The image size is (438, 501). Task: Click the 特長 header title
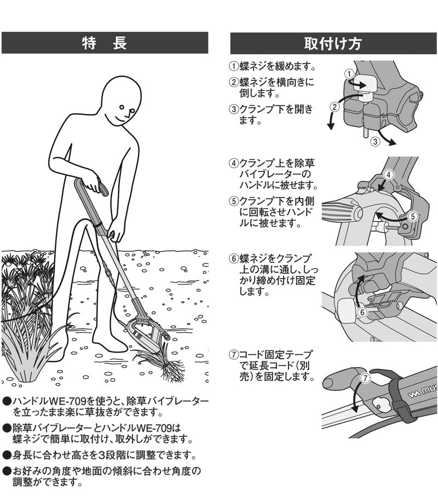tap(105, 43)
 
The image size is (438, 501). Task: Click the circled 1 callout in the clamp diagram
tap(348, 73)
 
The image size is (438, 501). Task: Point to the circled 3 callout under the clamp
tap(375, 141)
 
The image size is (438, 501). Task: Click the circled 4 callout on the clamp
tap(388, 175)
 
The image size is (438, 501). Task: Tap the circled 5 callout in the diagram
tap(413, 216)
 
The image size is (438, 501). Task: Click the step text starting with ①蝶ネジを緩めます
tap(272, 67)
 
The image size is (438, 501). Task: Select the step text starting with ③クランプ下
tap(271, 114)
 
